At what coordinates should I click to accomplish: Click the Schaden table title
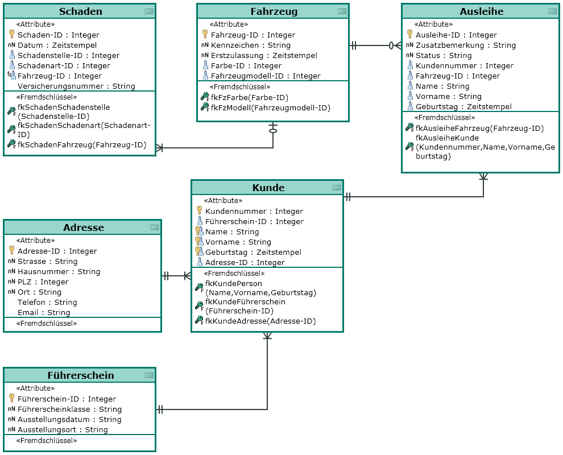point(80,11)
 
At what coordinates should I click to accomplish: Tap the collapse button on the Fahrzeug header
point(342,11)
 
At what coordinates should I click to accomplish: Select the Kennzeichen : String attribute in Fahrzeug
point(251,45)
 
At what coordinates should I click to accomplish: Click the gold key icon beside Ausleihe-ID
point(409,34)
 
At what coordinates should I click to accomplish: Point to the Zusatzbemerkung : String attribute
point(466,45)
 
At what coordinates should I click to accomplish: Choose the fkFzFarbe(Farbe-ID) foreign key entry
point(250,97)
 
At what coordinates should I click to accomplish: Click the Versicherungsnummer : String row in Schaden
point(76,86)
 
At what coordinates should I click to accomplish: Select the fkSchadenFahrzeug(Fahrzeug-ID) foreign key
point(82,144)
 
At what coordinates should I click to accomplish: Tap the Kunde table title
point(268,188)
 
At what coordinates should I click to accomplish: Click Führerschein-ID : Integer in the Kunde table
point(254,222)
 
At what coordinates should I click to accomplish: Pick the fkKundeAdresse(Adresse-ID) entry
point(260,321)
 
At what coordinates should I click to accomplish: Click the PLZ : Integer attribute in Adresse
point(43,282)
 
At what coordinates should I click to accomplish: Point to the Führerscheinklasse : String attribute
point(69,409)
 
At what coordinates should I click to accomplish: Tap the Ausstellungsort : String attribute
point(63,430)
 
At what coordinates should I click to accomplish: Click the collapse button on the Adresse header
point(154,227)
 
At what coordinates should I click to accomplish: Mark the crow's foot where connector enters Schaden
point(159,148)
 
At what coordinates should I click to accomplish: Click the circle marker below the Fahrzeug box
point(273,131)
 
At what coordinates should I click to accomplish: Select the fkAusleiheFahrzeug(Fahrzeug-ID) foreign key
point(480,128)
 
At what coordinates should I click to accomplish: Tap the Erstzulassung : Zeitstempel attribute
point(264,56)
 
